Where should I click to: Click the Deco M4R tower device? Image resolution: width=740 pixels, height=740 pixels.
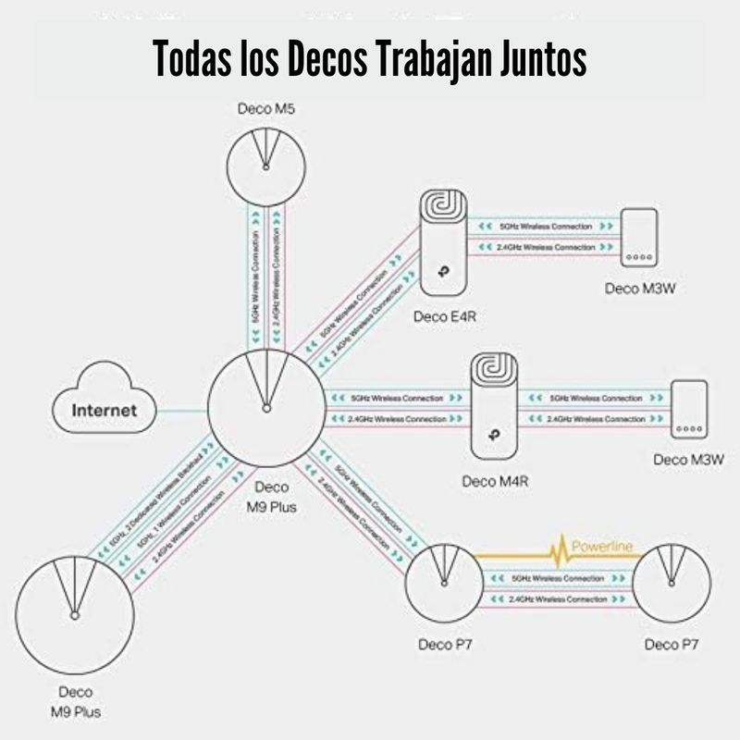click(499, 407)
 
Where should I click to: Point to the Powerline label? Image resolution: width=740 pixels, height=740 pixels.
click(602, 547)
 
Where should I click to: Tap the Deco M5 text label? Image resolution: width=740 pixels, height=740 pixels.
click(266, 109)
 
